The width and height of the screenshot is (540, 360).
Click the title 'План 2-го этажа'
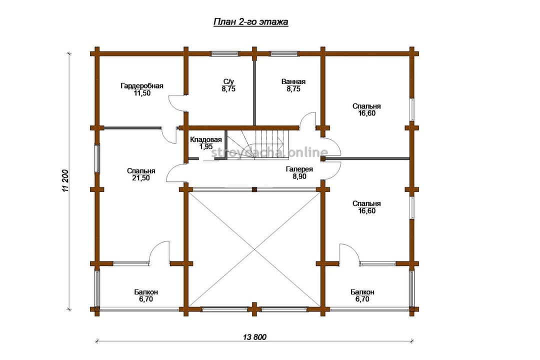click(x=250, y=21)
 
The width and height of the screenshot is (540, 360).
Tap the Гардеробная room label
click(x=142, y=86)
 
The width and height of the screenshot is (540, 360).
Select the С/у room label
click(x=228, y=81)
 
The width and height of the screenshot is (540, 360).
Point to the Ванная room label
click(x=293, y=81)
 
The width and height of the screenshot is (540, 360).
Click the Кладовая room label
click(x=205, y=140)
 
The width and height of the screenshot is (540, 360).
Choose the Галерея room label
click(x=299, y=169)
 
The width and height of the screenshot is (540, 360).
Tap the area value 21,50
click(x=141, y=178)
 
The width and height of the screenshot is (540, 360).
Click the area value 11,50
click(x=142, y=93)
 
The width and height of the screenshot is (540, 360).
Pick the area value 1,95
click(x=205, y=146)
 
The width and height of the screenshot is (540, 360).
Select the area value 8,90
click(x=299, y=176)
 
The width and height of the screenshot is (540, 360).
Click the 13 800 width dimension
click(x=255, y=337)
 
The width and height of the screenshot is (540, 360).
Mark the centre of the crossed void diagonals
click(x=254, y=249)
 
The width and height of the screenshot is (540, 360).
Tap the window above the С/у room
click(x=225, y=53)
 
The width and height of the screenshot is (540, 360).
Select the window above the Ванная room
click(x=284, y=53)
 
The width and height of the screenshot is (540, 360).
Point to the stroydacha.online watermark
click(x=269, y=152)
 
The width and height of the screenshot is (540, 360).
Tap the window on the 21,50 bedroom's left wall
click(x=97, y=158)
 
